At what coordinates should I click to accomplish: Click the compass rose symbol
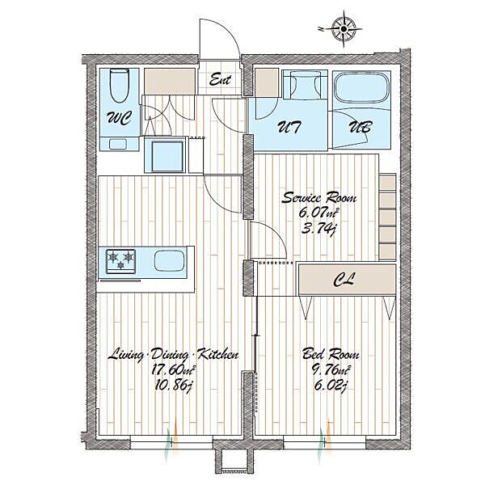point(344,29)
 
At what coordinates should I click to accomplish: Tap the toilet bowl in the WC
point(120,86)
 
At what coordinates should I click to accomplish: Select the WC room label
point(119,118)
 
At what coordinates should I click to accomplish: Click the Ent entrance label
point(220,79)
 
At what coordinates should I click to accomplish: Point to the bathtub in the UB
point(361,87)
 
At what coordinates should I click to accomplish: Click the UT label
point(289,127)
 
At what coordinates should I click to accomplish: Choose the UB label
point(361,127)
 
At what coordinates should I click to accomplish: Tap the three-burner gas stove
point(120,261)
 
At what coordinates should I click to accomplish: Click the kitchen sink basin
point(170,261)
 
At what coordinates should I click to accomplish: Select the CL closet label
point(344,280)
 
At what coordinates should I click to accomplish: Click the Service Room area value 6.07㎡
point(318,213)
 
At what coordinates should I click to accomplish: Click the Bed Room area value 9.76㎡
point(330,369)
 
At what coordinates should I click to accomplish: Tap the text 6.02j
point(330,386)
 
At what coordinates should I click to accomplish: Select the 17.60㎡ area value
point(174,369)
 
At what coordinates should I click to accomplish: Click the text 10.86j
point(174,386)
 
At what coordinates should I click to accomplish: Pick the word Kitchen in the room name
point(217,354)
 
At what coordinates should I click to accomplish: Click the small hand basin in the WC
point(118,144)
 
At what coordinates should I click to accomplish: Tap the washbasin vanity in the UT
point(305,84)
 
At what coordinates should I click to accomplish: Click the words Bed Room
point(331,353)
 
